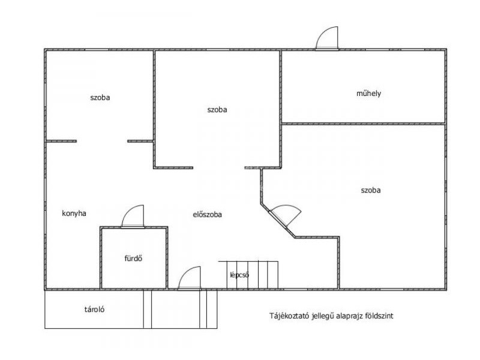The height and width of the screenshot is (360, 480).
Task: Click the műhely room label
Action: pos(368,94)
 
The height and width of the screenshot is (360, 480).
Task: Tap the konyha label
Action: pos(74,214)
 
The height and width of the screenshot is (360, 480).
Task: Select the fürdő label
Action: pos(133,259)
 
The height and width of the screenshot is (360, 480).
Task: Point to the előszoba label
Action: pos(207,215)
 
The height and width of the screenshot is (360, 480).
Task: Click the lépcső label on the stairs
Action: pos(239,275)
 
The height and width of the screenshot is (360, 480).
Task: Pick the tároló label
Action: pos(94,309)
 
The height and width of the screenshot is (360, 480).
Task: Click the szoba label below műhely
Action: pos(371,190)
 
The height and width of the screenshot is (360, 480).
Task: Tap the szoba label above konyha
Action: pos(100,98)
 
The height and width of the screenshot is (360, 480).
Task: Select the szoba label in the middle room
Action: pos(217,110)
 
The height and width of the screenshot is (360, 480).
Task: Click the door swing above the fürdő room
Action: pos(133,217)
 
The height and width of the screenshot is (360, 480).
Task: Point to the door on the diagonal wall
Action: pos(284,215)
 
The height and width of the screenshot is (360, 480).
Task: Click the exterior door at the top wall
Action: pos(327,38)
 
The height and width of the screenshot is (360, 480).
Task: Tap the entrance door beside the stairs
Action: pos(190,278)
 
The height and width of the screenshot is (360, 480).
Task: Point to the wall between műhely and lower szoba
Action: pos(363,124)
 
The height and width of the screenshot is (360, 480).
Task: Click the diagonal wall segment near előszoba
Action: pos(278,220)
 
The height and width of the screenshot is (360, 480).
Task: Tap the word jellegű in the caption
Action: pos(323,316)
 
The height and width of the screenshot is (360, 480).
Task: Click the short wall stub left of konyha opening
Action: pos(61,141)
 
